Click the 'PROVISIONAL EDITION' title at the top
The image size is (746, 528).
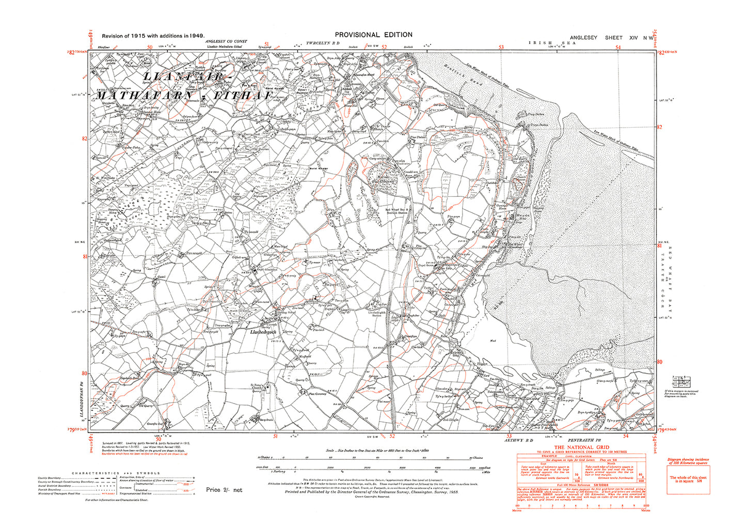point(373,35)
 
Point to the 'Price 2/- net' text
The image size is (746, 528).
point(224,490)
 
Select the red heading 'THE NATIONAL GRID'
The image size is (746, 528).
point(581,447)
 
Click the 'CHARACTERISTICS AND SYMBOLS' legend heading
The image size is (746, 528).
point(116,473)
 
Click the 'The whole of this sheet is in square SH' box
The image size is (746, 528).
point(688,479)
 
